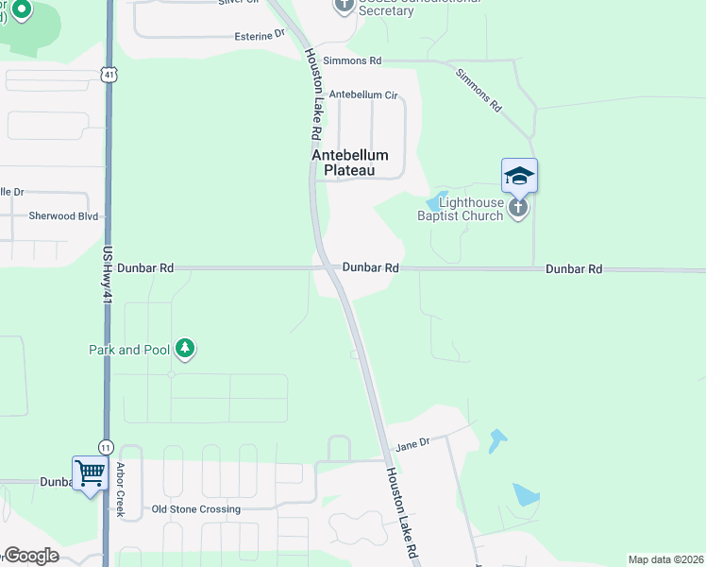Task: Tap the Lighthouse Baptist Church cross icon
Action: [517, 208]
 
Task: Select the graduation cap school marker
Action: [519, 176]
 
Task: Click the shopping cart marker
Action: [90, 471]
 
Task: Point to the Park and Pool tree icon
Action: [186, 350]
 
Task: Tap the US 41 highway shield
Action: [110, 73]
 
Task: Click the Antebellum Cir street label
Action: [363, 95]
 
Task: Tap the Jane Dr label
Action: [412, 443]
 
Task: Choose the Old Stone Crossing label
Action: [196, 509]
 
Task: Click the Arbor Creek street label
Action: [120, 490]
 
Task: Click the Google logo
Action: [31, 557]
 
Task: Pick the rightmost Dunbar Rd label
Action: [573, 269]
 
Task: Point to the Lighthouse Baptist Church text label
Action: [462, 208]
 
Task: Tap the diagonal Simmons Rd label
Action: [479, 91]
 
